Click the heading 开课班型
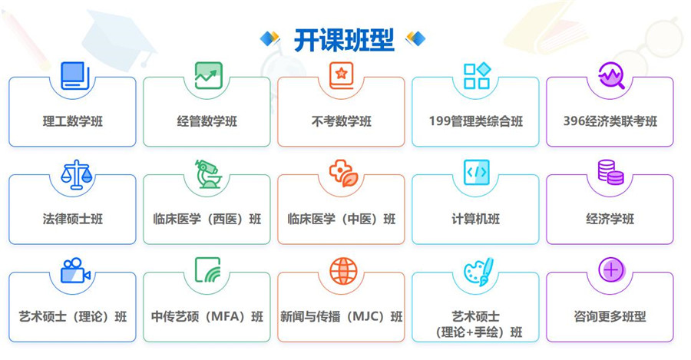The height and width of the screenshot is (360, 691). (x=343, y=40)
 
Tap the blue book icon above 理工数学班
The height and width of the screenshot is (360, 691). (x=74, y=75)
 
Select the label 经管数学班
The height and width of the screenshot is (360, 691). (x=207, y=121)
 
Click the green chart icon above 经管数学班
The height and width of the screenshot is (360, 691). (x=208, y=75)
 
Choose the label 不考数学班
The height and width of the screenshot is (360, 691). (x=341, y=121)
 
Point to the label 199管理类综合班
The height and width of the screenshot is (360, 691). (x=476, y=121)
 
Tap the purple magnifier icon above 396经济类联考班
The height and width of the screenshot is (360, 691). (x=611, y=75)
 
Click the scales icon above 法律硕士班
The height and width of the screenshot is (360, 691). (x=74, y=174)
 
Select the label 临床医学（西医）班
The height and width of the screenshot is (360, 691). (x=207, y=220)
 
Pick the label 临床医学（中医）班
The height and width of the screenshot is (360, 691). (x=341, y=220)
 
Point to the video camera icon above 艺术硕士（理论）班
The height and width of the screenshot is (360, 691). (x=75, y=270)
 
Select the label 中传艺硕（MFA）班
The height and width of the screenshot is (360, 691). (x=207, y=317)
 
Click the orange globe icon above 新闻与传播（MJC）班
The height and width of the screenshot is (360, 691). (x=343, y=270)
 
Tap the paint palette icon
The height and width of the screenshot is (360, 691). (x=478, y=271)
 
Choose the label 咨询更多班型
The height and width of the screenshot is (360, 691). (x=610, y=316)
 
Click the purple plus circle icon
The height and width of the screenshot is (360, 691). (x=611, y=269)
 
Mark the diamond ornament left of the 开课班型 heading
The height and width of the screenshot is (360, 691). (x=269, y=38)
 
